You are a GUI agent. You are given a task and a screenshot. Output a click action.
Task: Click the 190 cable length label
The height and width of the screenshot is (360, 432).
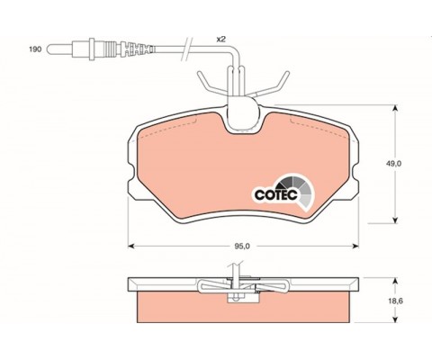[35, 49]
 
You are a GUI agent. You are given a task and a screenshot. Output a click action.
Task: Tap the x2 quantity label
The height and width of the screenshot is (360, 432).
[221, 40]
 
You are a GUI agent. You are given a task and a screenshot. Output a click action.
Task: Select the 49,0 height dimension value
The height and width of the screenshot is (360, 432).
[394, 164]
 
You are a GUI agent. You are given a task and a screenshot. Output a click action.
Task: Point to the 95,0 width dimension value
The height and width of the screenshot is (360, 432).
[242, 246]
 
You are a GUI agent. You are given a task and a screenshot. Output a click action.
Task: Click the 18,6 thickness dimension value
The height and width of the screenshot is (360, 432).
[393, 301]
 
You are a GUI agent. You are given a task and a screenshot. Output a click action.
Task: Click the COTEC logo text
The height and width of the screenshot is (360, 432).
[276, 194]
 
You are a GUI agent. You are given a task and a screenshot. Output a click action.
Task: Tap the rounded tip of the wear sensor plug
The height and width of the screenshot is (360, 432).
[49, 49]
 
